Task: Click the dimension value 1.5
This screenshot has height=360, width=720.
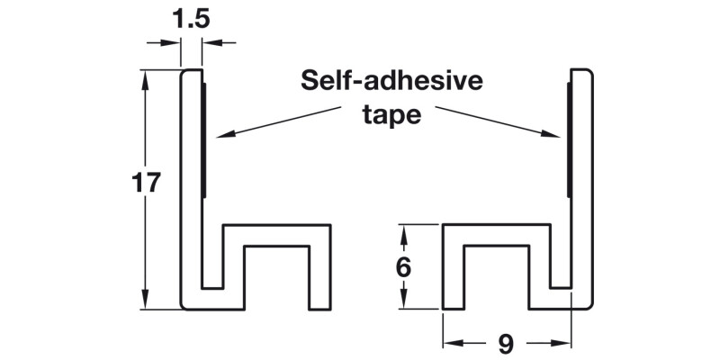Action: (191, 18)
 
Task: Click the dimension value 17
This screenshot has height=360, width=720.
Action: (145, 184)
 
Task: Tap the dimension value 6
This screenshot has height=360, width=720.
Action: (403, 267)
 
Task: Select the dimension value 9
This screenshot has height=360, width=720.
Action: (506, 343)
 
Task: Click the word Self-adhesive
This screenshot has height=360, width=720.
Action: (391, 82)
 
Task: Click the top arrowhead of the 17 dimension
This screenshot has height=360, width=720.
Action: (145, 77)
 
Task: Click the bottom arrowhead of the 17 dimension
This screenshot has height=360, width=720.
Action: (145, 301)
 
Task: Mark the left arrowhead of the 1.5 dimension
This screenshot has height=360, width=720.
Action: (175, 42)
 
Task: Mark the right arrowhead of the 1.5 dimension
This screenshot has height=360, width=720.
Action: (208, 42)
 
